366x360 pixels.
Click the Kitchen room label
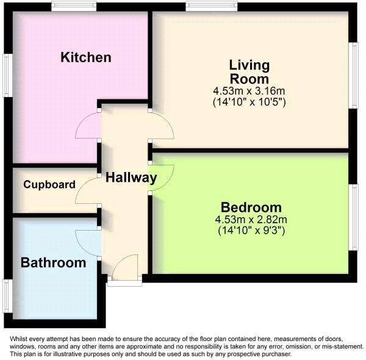pos(86,58)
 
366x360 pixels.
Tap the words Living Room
pos(249,71)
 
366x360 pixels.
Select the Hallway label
pos(131,178)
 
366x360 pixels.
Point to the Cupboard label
pos(49,184)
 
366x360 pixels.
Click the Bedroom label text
pos(251,207)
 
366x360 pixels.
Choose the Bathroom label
pos(53,263)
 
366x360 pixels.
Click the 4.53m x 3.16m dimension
pos(249,92)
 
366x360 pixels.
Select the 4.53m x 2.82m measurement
pos(251,220)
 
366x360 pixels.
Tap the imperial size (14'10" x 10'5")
pos(249,102)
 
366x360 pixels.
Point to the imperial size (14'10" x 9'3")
pos(251,231)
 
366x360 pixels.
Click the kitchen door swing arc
pos(87,127)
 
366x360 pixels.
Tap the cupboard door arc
pos(86,192)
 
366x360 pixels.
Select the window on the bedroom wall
pos(353,217)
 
